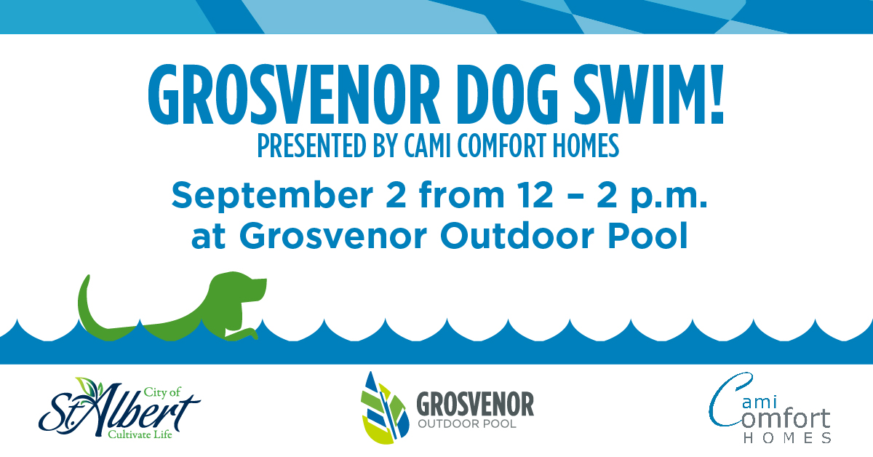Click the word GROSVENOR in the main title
(x=294, y=95)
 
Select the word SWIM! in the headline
(x=649, y=95)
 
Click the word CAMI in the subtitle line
(x=427, y=146)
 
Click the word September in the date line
(x=272, y=196)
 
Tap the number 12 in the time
(x=535, y=195)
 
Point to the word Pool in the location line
(x=647, y=235)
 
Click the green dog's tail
(x=88, y=304)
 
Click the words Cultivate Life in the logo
(x=140, y=434)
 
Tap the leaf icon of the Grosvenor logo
(x=385, y=408)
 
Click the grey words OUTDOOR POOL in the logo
(x=467, y=424)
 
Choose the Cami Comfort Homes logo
(x=770, y=408)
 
